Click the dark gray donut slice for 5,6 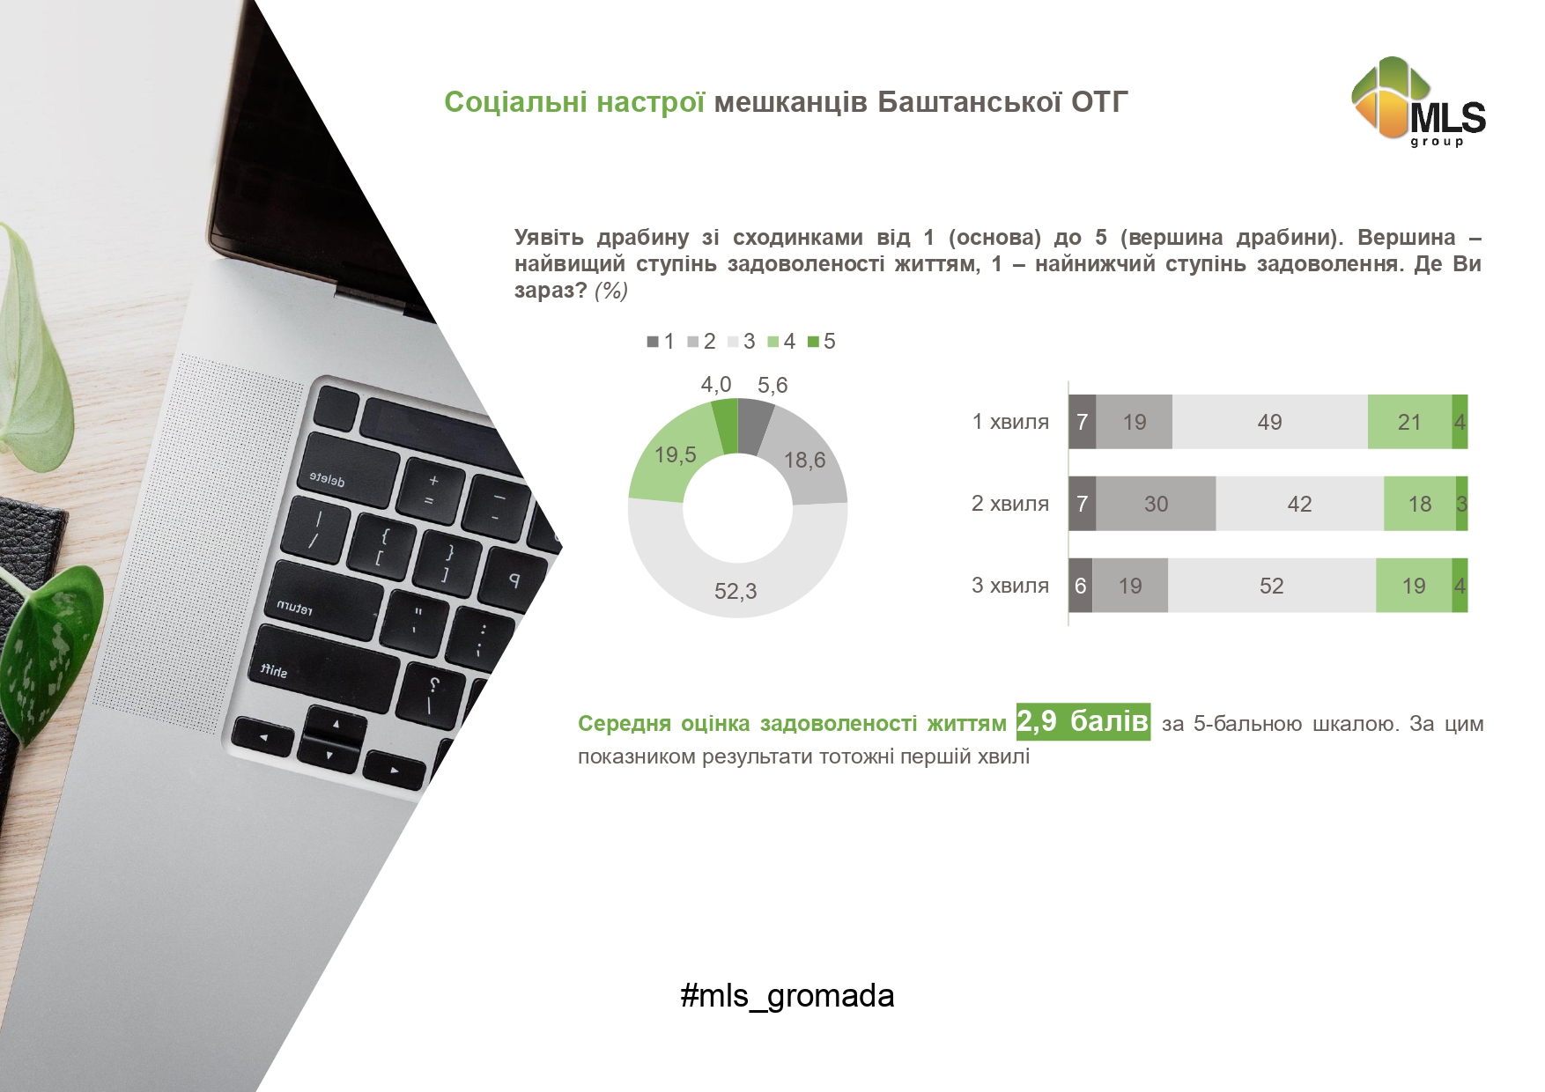(x=754, y=425)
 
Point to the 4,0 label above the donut (x=716, y=385)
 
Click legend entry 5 (x=822, y=342)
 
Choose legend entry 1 (x=661, y=342)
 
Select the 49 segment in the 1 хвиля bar (x=1269, y=422)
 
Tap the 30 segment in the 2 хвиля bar (x=1156, y=504)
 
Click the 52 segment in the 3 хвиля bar (x=1272, y=586)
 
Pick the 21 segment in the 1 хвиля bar (x=1409, y=422)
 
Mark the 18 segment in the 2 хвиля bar (x=1420, y=504)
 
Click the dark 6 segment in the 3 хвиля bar (x=1081, y=586)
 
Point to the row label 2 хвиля (x=1010, y=504)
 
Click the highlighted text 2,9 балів (x=1083, y=721)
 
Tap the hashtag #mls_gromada (x=787, y=996)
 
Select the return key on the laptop (x=322, y=599)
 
